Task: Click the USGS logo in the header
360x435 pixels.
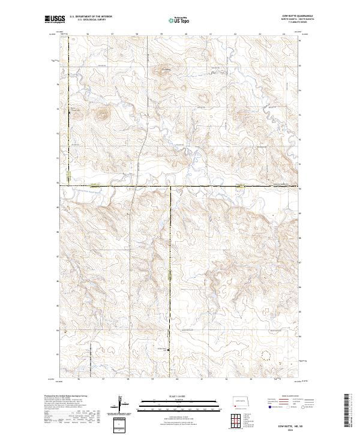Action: tap(54, 20)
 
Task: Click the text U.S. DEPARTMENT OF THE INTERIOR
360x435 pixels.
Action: tap(91, 17)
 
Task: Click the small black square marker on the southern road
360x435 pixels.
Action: tap(169, 350)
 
